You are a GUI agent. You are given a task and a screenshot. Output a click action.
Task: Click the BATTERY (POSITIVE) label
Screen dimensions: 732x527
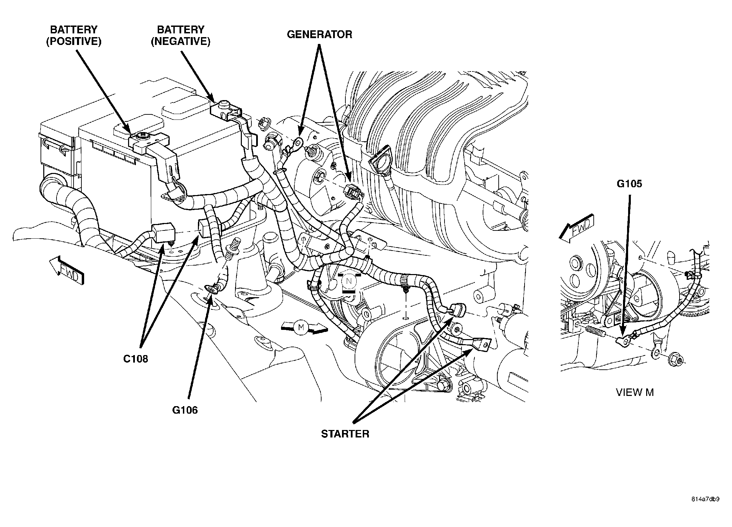tap(74, 35)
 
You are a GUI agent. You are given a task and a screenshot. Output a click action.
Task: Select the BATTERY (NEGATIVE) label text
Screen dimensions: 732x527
tap(181, 35)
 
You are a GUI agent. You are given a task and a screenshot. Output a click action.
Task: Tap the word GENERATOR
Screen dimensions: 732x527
tap(319, 34)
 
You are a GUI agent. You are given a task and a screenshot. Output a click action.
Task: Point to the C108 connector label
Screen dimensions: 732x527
tap(136, 359)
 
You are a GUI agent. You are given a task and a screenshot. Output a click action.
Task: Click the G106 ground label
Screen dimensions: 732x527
tap(185, 410)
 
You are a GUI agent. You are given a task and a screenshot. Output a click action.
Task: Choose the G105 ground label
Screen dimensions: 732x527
tap(629, 184)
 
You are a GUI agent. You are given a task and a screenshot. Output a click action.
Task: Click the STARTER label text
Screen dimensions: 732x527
tap(345, 434)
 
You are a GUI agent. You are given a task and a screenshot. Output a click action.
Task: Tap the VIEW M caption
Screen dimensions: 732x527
tap(635, 393)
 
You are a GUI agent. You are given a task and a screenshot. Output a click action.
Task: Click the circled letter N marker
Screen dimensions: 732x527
tap(348, 281)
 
